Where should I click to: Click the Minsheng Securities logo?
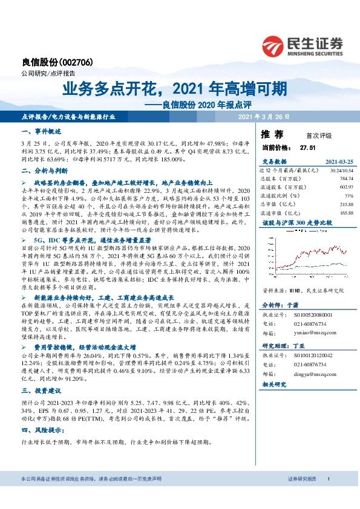(x=303, y=44)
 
